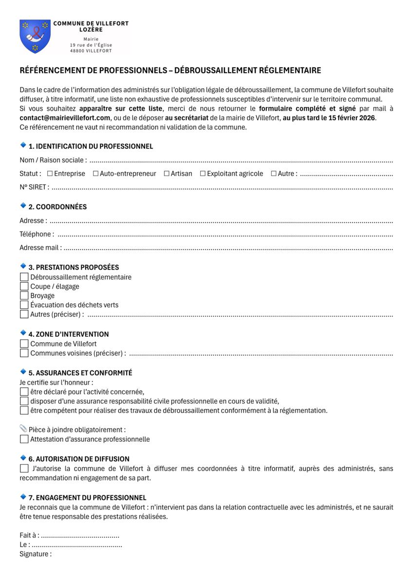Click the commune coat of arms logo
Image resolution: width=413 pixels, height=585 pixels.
pyautogui.click(x=35, y=37)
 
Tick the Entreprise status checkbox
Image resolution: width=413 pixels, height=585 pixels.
pyautogui.click(x=50, y=174)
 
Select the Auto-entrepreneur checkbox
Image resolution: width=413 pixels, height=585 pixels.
pyautogui.click(x=95, y=174)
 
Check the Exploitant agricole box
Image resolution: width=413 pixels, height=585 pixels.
pyautogui.click(x=203, y=174)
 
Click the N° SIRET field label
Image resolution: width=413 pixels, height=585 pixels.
pyautogui.click(x=34, y=187)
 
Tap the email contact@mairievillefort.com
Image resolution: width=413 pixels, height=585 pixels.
pyautogui.click(x=65, y=118)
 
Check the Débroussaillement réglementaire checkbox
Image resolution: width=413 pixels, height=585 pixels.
pyautogui.click(x=24, y=277)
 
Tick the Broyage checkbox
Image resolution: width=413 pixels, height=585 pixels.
pyautogui.click(x=24, y=295)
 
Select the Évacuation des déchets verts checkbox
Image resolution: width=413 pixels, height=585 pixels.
pyautogui.click(x=24, y=305)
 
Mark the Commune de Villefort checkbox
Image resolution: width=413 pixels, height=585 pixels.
pyautogui.click(x=24, y=344)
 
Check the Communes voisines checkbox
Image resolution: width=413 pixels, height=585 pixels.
pyautogui.click(x=24, y=353)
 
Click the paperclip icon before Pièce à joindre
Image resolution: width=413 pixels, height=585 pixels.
pyautogui.click(x=23, y=429)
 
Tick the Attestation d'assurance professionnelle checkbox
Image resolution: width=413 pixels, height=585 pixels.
pyautogui.click(x=24, y=439)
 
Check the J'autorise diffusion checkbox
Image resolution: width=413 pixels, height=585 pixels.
pyautogui.click(x=24, y=468)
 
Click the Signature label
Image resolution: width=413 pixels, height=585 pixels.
pyautogui.click(x=35, y=554)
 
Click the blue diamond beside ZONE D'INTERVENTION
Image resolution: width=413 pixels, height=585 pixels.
pyautogui.click(x=23, y=332)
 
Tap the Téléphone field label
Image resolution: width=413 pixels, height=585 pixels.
pyautogui.click(x=37, y=234)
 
